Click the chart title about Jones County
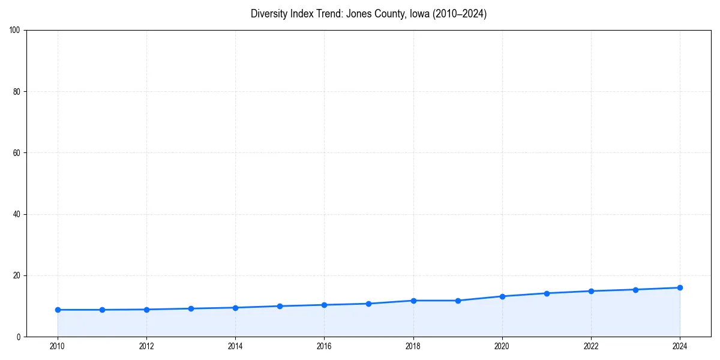coord(368,14)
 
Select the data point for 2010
coord(58,310)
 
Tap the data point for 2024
coord(680,287)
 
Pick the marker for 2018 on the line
coord(413,301)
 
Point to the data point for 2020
coord(502,296)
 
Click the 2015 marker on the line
coord(280,306)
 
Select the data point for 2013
coord(191,308)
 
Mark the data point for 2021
coord(547,293)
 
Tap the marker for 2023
coord(635,289)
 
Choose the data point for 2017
coord(368,304)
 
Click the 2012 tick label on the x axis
coord(146,346)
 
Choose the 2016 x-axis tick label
coord(324,346)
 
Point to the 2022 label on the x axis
coord(591,346)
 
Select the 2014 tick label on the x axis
coord(235,346)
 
